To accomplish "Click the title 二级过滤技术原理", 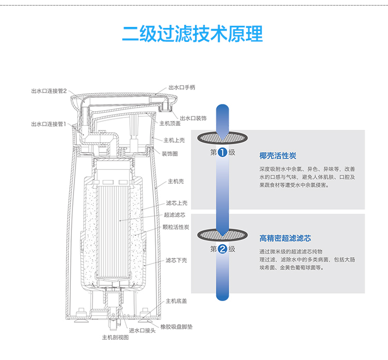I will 192,34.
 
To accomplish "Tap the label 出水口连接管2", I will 49,91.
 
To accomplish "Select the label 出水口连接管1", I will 49,124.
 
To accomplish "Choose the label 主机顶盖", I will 170,124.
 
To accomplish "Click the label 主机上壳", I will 174,140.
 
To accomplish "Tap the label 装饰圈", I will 170,154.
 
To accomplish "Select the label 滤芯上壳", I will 176,203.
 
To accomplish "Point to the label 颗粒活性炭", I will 176,228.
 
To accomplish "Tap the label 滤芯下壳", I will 176,260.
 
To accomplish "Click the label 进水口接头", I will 142,331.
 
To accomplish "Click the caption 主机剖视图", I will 115,338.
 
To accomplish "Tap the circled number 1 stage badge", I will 222,153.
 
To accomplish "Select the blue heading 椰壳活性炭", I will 278,156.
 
